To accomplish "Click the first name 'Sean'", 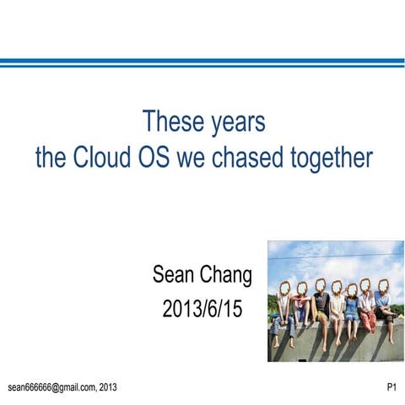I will (173, 275).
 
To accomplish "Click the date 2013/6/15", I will (202, 309).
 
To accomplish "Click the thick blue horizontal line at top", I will (202, 62).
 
